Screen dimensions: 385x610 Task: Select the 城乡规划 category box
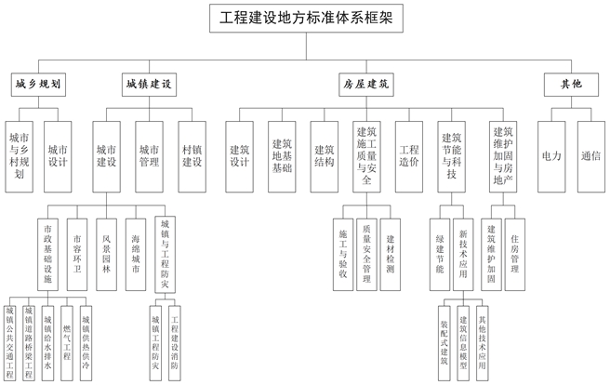point(39,85)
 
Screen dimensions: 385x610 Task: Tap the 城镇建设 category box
point(149,85)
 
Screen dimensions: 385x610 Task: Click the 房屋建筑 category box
point(366,85)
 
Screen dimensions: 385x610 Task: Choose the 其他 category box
point(570,85)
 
